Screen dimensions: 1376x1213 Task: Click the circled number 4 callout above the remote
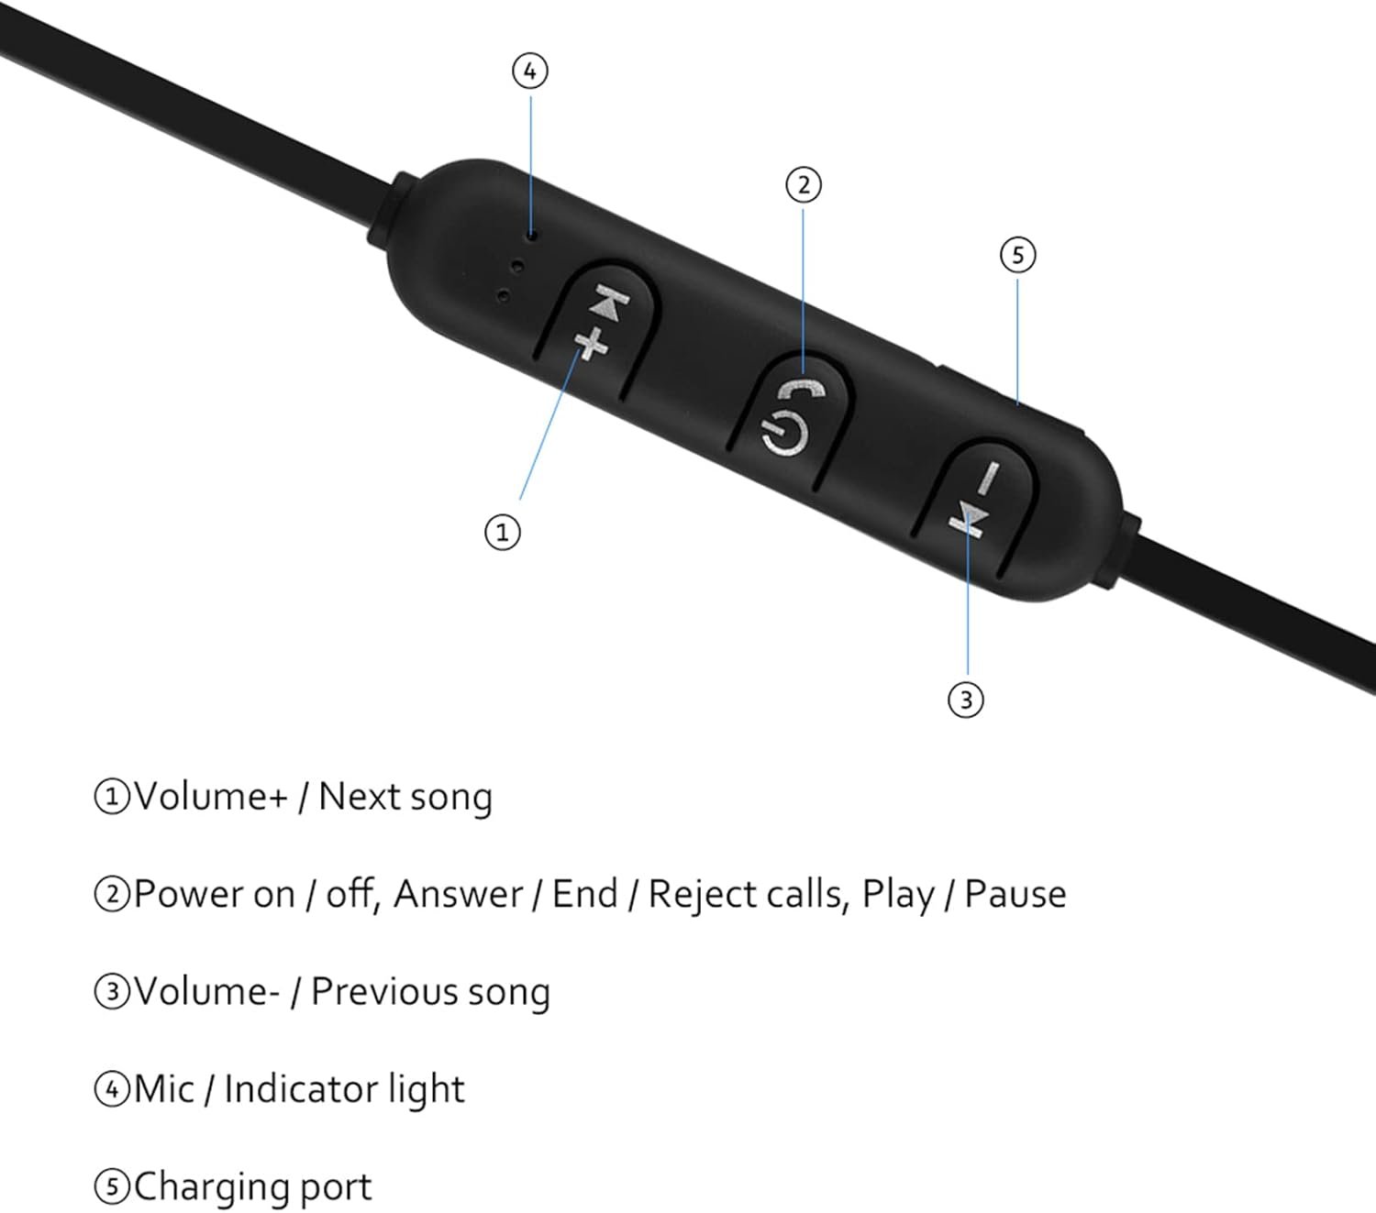(529, 72)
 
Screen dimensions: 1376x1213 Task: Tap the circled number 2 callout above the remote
(804, 185)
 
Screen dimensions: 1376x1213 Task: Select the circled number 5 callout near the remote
(1018, 255)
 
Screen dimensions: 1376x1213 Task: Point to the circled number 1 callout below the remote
(503, 532)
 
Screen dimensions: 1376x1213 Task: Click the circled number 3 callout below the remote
(966, 700)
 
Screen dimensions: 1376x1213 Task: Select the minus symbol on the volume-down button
(988, 479)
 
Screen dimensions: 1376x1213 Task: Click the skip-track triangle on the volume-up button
(609, 302)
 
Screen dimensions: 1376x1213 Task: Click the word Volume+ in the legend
(211, 796)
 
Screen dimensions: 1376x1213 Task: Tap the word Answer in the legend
(458, 894)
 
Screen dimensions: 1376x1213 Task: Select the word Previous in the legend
(383, 992)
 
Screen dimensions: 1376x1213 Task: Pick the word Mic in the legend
(164, 1089)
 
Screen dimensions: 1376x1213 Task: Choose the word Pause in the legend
(1015, 894)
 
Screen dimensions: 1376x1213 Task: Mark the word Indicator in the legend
(302, 1089)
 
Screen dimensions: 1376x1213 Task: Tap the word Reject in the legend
(703, 896)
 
